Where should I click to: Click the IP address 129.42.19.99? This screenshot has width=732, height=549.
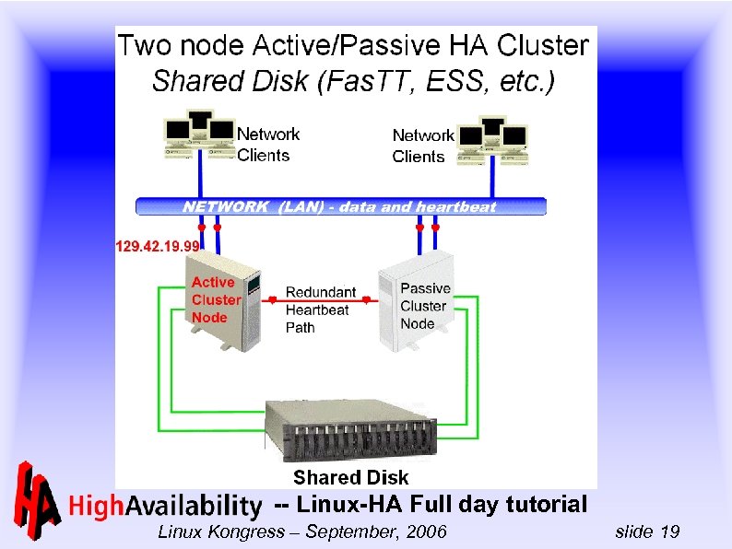(x=158, y=246)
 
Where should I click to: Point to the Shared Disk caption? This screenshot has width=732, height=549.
(x=350, y=477)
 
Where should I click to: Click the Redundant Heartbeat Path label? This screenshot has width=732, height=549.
(x=320, y=310)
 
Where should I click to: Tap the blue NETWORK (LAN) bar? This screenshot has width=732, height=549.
(x=341, y=206)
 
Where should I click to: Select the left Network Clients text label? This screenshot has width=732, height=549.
(x=268, y=145)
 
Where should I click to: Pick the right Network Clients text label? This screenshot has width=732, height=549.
(x=423, y=146)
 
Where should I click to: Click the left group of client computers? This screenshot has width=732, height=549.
(x=198, y=134)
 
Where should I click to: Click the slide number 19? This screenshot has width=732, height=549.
(x=670, y=531)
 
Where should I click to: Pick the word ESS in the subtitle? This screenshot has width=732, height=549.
(x=455, y=82)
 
